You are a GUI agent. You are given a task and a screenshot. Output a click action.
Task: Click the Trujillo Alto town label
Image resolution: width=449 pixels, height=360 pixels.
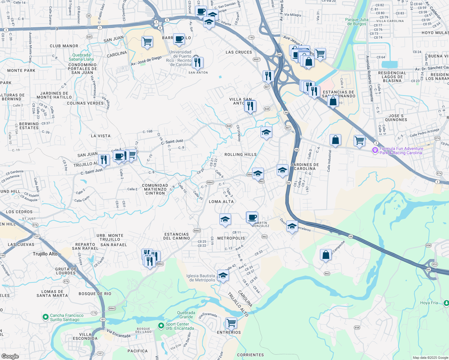tap(45, 254)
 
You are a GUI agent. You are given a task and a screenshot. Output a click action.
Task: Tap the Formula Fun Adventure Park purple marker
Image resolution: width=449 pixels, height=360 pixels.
tap(375, 150)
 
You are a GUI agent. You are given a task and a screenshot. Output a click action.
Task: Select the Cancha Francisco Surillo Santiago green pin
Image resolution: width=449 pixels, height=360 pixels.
tap(45, 317)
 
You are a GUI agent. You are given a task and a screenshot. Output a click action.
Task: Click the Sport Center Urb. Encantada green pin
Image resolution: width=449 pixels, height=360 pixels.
tap(161, 325)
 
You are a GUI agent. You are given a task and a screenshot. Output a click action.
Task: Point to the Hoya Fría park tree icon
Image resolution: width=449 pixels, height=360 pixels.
tap(446, 303)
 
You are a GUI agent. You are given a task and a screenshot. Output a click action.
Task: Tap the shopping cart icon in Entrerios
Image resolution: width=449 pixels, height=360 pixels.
tap(231, 323)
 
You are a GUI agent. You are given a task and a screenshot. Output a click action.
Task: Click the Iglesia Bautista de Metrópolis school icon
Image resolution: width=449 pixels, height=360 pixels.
tap(223, 276)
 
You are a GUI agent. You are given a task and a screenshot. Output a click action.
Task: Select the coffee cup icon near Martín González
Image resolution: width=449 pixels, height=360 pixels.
tap(252, 217)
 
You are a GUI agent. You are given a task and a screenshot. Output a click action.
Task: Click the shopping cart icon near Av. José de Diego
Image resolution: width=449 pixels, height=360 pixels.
tap(147, 41)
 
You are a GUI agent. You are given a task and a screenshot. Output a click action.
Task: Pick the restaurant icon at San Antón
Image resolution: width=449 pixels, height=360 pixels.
tap(197, 62)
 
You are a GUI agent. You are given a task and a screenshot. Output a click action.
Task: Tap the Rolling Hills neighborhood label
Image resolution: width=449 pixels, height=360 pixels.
tap(241, 154)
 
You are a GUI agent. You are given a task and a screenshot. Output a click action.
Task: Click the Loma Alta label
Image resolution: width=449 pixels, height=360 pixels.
tap(221, 202)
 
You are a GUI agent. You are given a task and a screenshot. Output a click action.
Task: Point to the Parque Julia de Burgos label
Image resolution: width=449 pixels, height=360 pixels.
tap(357, 22)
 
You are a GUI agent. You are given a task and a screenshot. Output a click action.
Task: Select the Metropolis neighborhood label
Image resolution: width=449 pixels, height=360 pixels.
tap(231, 238)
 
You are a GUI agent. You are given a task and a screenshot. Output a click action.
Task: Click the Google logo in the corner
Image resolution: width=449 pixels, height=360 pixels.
tap(10, 356)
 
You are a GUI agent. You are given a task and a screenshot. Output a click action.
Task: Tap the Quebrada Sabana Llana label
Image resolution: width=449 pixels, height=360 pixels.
tap(81, 57)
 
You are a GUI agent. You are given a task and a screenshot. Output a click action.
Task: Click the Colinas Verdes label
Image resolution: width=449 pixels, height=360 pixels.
tap(85, 103)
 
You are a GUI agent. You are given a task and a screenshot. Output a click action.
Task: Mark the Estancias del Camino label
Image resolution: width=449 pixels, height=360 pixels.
tap(176, 236)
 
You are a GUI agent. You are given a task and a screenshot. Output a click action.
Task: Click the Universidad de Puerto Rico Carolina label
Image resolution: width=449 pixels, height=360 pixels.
tap(181, 58)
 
